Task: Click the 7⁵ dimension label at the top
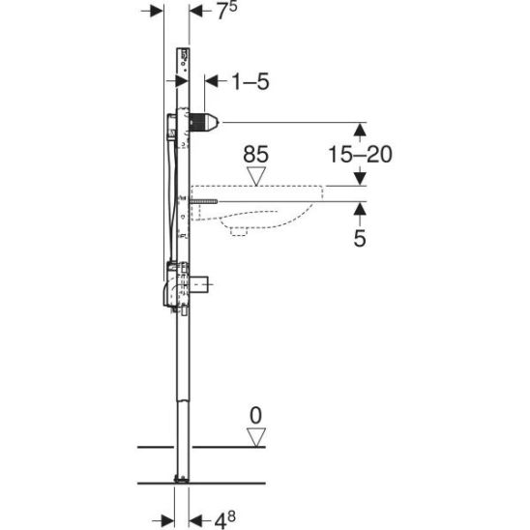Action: [x=226, y=11]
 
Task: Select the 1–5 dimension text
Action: [x=250, y=81]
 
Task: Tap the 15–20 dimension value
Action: [x=361, y=154]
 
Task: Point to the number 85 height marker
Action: [x=256, y=154]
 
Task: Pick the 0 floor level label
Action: [x=256, y=416]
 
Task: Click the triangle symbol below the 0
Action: [x=256, y=437]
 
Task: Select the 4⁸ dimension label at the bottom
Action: [x=225, y=520]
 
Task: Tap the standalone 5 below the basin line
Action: [x=360, y=238]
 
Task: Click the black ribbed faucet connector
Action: [x=204, y=123]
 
